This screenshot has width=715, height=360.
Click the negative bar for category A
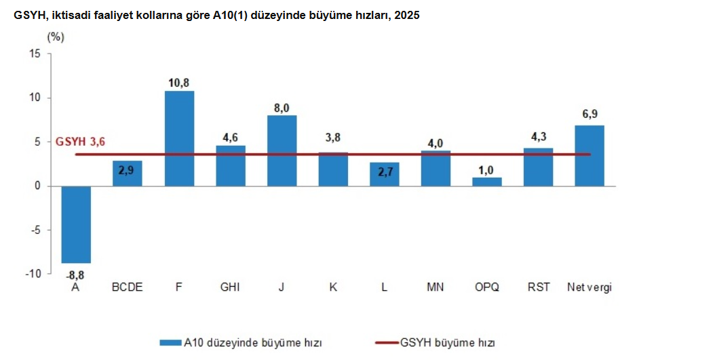76,224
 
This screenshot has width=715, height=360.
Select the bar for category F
179,138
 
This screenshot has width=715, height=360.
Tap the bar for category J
282,151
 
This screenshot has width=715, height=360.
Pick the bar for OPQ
486,182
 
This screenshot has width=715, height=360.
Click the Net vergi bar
589,155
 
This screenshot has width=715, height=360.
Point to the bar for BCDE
128,174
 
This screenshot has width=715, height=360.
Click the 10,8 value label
179,83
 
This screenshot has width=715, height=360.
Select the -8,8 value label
75,275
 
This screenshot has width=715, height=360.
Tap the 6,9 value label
589,114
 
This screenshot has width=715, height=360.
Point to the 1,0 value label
486,169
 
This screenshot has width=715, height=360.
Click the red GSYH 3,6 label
81,142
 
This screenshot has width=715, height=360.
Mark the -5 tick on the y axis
36,230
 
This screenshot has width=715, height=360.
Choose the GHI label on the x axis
230,287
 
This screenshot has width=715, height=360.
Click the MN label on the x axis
435,287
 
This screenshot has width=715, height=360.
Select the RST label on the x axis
538,287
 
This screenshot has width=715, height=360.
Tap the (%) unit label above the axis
56,37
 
